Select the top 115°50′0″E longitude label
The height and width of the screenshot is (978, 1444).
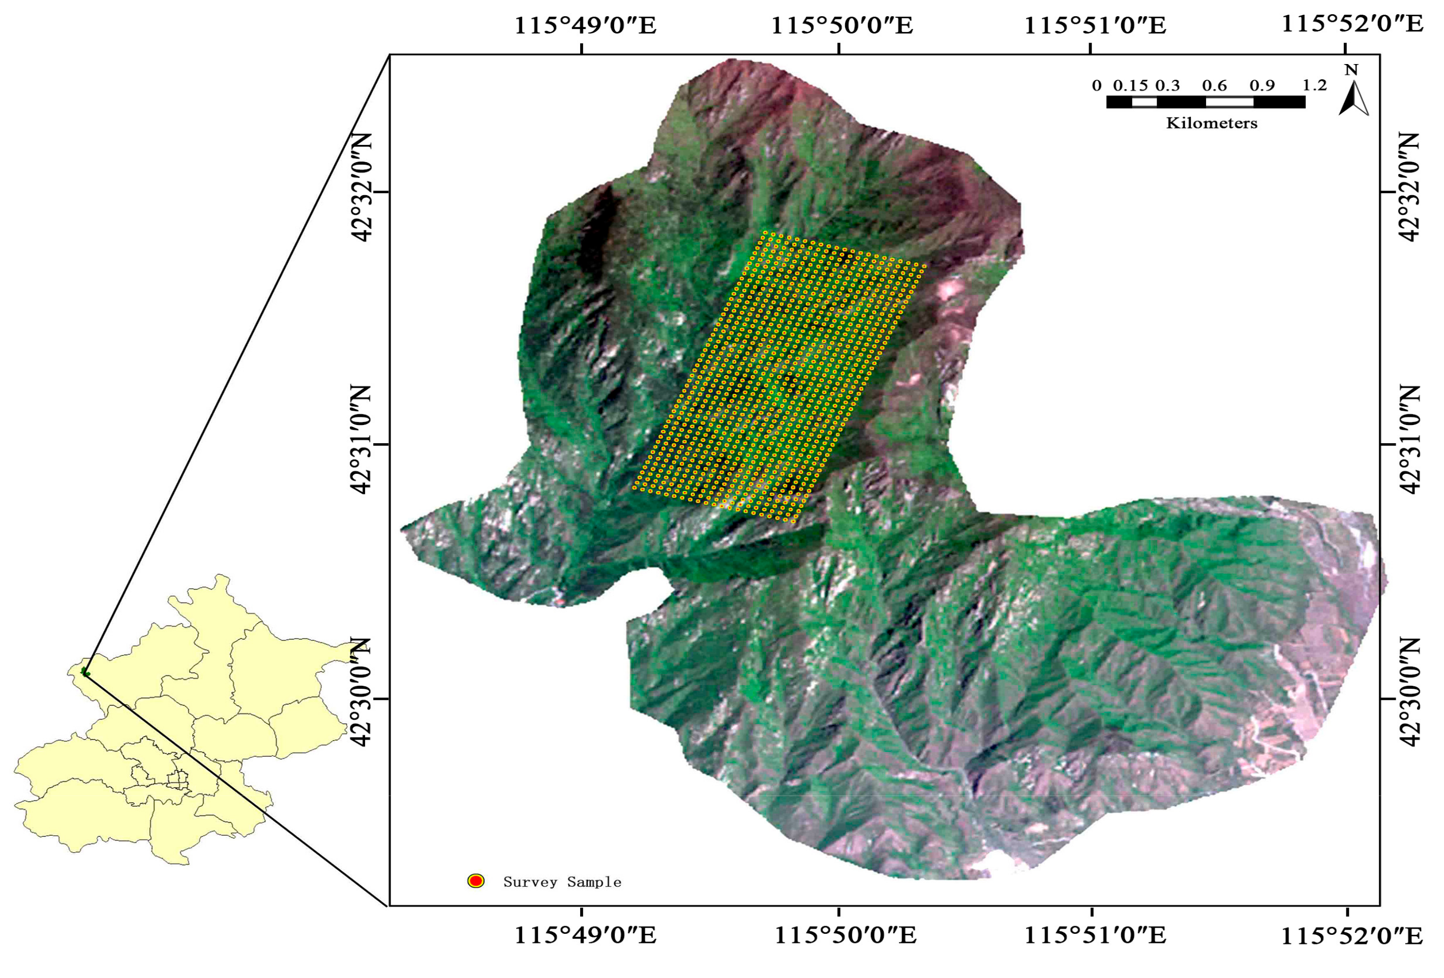(842, 25)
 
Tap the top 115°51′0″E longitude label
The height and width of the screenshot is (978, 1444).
(1095, 25)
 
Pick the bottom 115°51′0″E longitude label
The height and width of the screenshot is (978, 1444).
(1095, 936)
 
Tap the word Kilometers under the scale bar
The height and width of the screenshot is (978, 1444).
(1211, 123)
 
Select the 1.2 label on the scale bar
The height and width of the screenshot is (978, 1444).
(1314, 85)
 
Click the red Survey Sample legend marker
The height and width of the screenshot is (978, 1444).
(476, 880)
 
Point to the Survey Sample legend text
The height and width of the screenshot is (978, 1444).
(562, 882)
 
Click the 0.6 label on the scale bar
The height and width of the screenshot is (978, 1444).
(1214, 85)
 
